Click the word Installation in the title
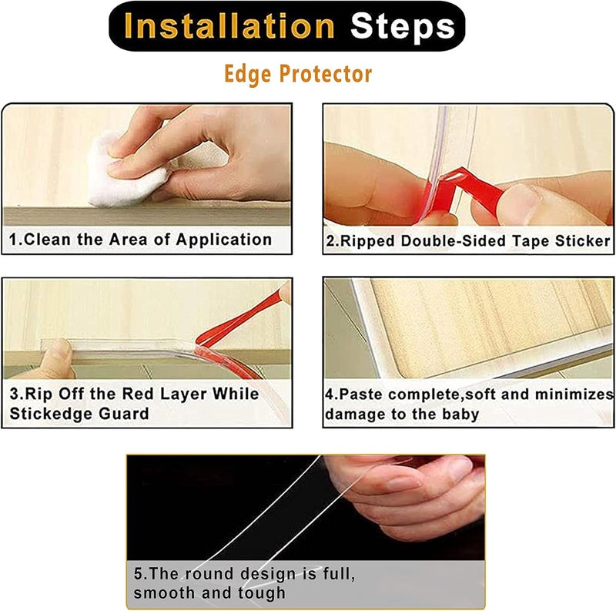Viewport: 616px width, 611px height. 229,26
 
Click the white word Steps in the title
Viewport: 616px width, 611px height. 403,27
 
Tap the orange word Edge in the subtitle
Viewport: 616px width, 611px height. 247,74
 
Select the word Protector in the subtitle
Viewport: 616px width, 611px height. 326,74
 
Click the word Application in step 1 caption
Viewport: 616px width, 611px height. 224,240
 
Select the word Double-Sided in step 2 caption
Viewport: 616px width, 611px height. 453,241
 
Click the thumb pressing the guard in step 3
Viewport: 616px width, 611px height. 57,358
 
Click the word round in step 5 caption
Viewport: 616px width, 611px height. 209,574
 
